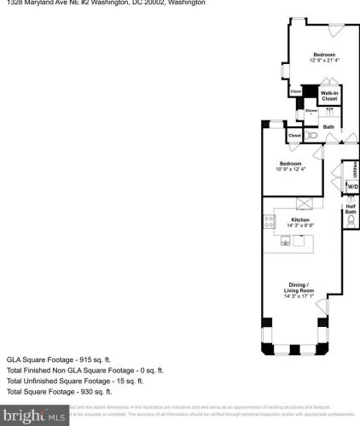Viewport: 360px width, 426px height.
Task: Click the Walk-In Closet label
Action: click(328, 96)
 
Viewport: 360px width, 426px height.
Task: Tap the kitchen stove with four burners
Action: click(270, 222)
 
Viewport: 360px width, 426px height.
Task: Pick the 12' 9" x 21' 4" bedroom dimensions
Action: click(323, 60)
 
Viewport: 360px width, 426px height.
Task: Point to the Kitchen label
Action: click(299, 219)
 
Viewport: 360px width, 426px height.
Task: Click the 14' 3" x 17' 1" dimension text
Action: click(299, 297)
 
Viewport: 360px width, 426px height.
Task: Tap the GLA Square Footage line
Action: click(60, 359)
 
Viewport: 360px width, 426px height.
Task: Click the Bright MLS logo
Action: click(34, 416)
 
